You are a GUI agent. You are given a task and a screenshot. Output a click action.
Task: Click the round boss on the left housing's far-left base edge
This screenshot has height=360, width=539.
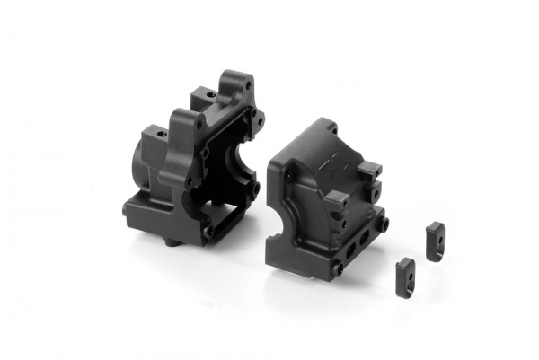coord(126,209)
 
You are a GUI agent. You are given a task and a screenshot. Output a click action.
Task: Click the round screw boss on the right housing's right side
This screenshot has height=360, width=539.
coord(383,220)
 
